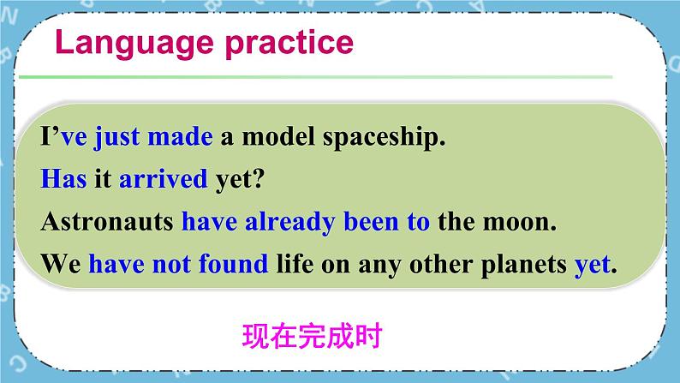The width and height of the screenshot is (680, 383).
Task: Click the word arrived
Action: pos(163,179)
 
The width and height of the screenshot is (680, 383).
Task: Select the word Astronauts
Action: pos(107,222)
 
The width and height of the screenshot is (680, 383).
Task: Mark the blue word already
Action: pos(289,222)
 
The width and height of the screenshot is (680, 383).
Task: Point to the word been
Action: pos(370,222)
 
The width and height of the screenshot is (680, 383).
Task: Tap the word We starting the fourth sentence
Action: pos(60,264)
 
